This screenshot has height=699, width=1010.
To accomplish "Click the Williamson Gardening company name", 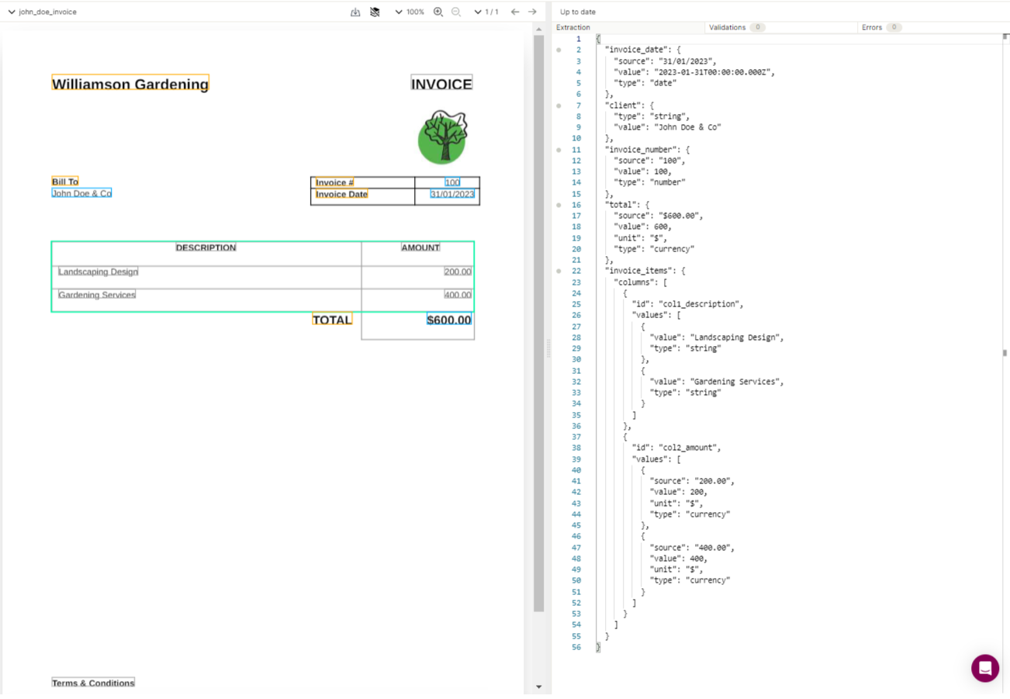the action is tap(130, 84).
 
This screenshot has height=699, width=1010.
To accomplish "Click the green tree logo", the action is tap(442, 137).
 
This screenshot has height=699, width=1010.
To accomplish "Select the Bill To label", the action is tap(65, 182).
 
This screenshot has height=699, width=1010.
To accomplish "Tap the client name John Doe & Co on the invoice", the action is tap(81, 193).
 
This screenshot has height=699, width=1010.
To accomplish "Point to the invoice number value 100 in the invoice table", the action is tap(452, 182).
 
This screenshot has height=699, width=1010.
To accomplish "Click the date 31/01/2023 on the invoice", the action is tap(451, 194).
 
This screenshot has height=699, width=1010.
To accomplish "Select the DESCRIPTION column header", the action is tap(206, 247).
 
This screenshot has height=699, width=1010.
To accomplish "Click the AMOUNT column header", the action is tap(420, 247).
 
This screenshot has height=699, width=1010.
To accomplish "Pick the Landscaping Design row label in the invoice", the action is tap(98, 272).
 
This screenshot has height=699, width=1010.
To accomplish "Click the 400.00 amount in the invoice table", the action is tap(458, 295).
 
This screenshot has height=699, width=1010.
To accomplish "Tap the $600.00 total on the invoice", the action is tap(448, 320).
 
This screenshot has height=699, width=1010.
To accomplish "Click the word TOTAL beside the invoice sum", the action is tap(332, 320).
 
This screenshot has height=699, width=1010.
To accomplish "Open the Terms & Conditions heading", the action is tap(93, 683).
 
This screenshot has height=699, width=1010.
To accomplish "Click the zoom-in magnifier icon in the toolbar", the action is tap(438, 12).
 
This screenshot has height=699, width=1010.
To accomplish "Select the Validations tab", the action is tap(727, 27).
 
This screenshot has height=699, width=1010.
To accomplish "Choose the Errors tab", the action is tap(872, 27).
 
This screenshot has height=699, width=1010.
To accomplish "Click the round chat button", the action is tap(984, 668).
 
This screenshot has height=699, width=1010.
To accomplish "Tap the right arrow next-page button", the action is tap(532, 12).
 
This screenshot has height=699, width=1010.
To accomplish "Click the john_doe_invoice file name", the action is tap(48, 12).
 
